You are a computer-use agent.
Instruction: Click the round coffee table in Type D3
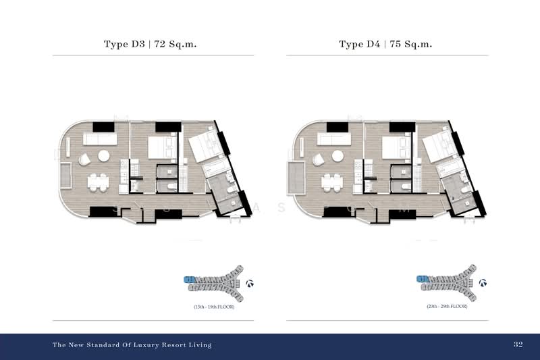[105, 155]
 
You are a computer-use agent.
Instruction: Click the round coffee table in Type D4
[339, 155]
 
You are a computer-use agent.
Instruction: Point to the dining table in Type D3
[98, 181]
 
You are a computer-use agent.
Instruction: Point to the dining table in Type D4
[332, 181]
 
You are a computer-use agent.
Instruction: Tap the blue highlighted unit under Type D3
[190, 278]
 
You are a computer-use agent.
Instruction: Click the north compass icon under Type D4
[483, 284]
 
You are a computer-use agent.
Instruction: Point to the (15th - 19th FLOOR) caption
[213, 307]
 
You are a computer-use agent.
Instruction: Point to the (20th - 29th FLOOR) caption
[447, 307]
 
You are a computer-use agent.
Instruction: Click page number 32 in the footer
[518, 344]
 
